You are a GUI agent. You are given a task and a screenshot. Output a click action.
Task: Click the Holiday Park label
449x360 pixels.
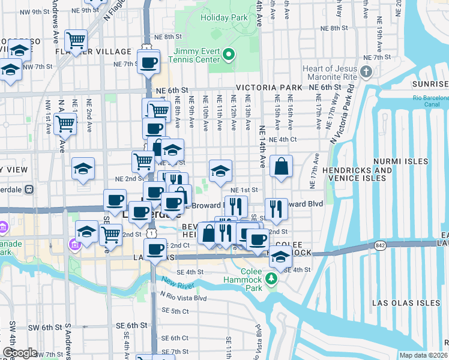(x=224, y=18)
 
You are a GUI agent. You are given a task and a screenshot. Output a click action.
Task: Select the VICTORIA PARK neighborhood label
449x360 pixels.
(x=270, y=88)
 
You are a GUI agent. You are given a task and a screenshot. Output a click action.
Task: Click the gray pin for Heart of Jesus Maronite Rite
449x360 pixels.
(x=367, y=73)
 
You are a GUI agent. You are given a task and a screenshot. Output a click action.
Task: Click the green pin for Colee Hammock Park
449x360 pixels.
(x=271, y=278)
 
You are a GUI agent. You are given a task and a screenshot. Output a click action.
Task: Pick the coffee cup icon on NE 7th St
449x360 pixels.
(x=148, y=62)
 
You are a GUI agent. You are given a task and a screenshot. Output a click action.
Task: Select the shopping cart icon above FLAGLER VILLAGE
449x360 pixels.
(x=76, y=40)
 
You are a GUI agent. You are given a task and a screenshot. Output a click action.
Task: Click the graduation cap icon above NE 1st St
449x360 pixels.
(x=220, y=171)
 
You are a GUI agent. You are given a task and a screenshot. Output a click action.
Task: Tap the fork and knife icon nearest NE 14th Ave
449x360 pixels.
(x=276, y=209)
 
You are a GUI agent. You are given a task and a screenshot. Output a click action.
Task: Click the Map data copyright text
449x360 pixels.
(x=423, y=355)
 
